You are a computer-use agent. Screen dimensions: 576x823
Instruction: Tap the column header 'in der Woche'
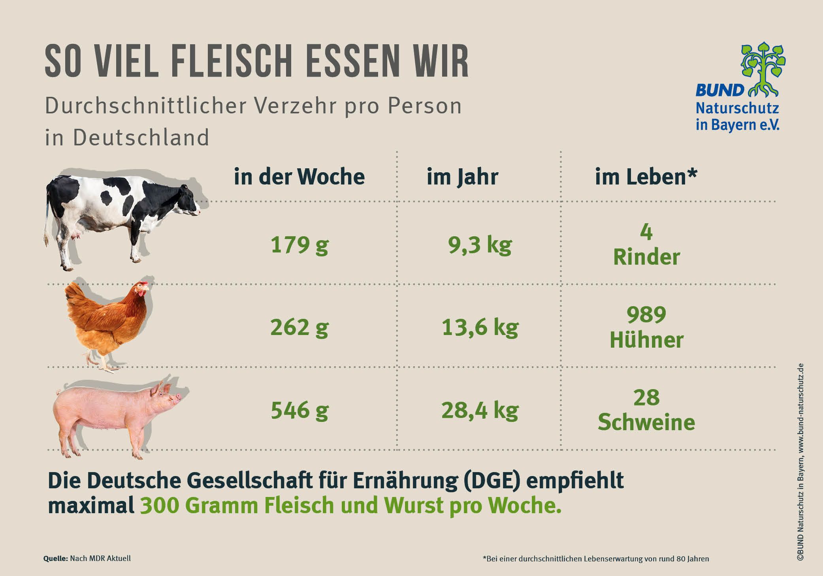click(x=299, y=177)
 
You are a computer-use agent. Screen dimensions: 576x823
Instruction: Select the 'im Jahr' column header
click(x=462, y=177)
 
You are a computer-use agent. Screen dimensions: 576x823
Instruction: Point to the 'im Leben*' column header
click(x=646, y=177)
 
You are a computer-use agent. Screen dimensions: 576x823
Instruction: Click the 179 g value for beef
click(x=299, y=245)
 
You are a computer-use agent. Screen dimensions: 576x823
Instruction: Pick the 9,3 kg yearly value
click(x=480, y=245)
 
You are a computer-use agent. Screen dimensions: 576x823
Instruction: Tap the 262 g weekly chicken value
click(x=299, y=328)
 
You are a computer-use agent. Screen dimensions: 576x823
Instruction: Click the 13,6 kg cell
click(x=480, y=328)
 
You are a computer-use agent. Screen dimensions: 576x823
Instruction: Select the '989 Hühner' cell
click(x=646, y=328)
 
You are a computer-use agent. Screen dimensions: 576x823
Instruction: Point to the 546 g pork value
click(x=299, y=410)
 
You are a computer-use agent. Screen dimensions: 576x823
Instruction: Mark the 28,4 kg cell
click(x=480, y=410)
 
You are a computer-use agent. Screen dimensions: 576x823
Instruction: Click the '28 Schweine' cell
click(x=646, y=410)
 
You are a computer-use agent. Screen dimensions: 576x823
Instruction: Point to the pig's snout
click(x=178, y=396)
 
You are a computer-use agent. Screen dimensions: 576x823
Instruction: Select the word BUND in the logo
click(x=719, y=90)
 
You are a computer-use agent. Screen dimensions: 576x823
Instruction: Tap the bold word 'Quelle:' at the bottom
click(x=55, y=559)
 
